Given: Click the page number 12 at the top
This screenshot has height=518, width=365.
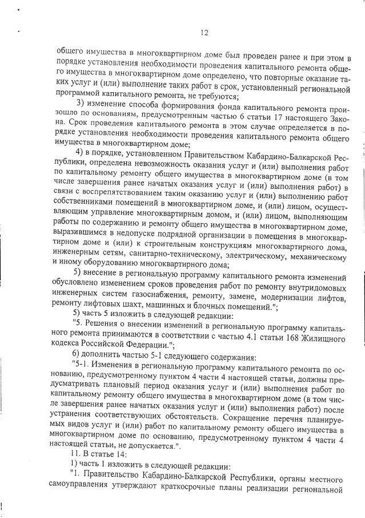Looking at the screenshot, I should click(204, 33).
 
